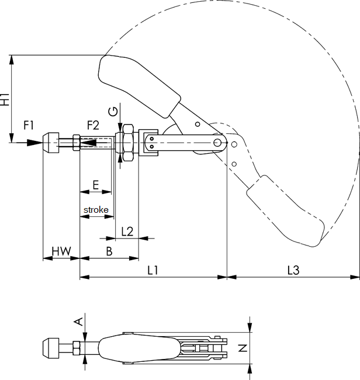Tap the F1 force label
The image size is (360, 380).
tap(29, 125)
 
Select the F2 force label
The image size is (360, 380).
tap(93, 125)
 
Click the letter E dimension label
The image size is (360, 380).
tap(96, 184)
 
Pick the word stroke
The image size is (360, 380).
tap(96, 209)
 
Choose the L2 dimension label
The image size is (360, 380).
tap(127, 231)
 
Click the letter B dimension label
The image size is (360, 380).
tap(109, 251)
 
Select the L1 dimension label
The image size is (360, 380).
tap(153, 270)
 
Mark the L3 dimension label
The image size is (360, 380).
tap(293, 270)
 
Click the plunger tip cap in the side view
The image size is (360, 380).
tap(53, 142)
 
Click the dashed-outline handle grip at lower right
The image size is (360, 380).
tap(285, 210)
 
